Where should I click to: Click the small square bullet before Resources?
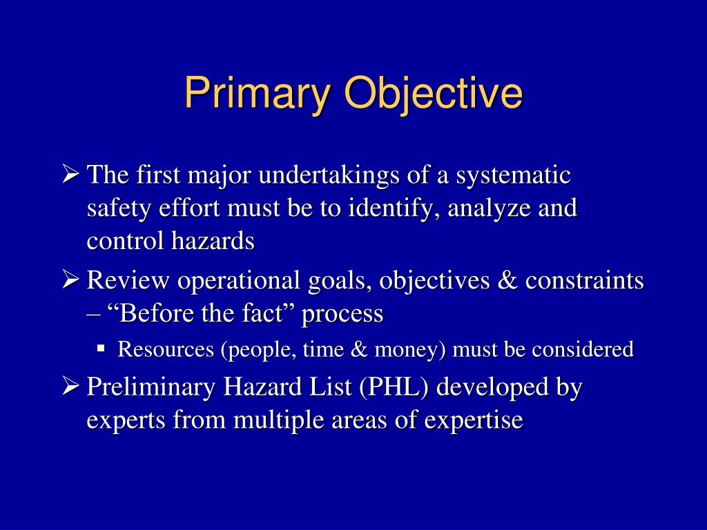[x=101, y=349]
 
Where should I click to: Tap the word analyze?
[x=485, y=208]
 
